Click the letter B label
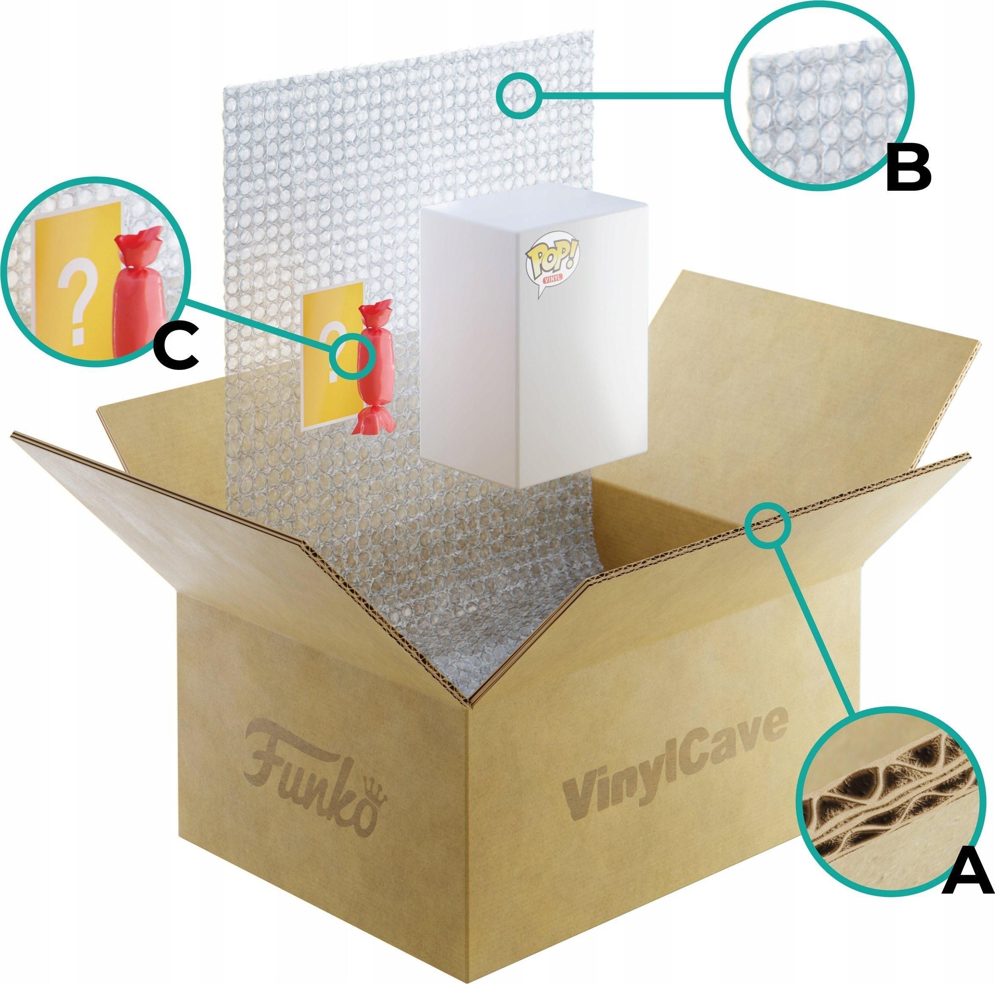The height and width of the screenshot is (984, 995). coord(908,169)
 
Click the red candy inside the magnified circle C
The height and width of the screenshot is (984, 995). coord(137,299)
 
